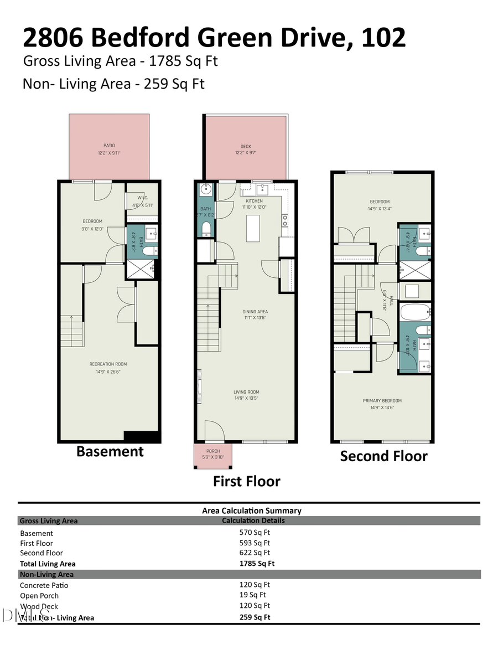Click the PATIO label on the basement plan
tap(109, 145)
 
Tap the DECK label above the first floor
tap(245, 147)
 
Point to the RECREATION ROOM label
tap(108, 364)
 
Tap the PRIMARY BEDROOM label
tap(382, 401)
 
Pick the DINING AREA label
tap(255, 312)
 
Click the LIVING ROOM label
tap(246, 392)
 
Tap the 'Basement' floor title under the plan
tap(110, 451)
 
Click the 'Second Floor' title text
tap(383, 456)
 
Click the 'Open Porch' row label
tap(39, 596)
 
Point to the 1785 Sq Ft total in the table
tap(257, 564)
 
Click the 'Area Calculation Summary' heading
tap(252, 510)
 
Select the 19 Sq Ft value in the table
tap(255, 595)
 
